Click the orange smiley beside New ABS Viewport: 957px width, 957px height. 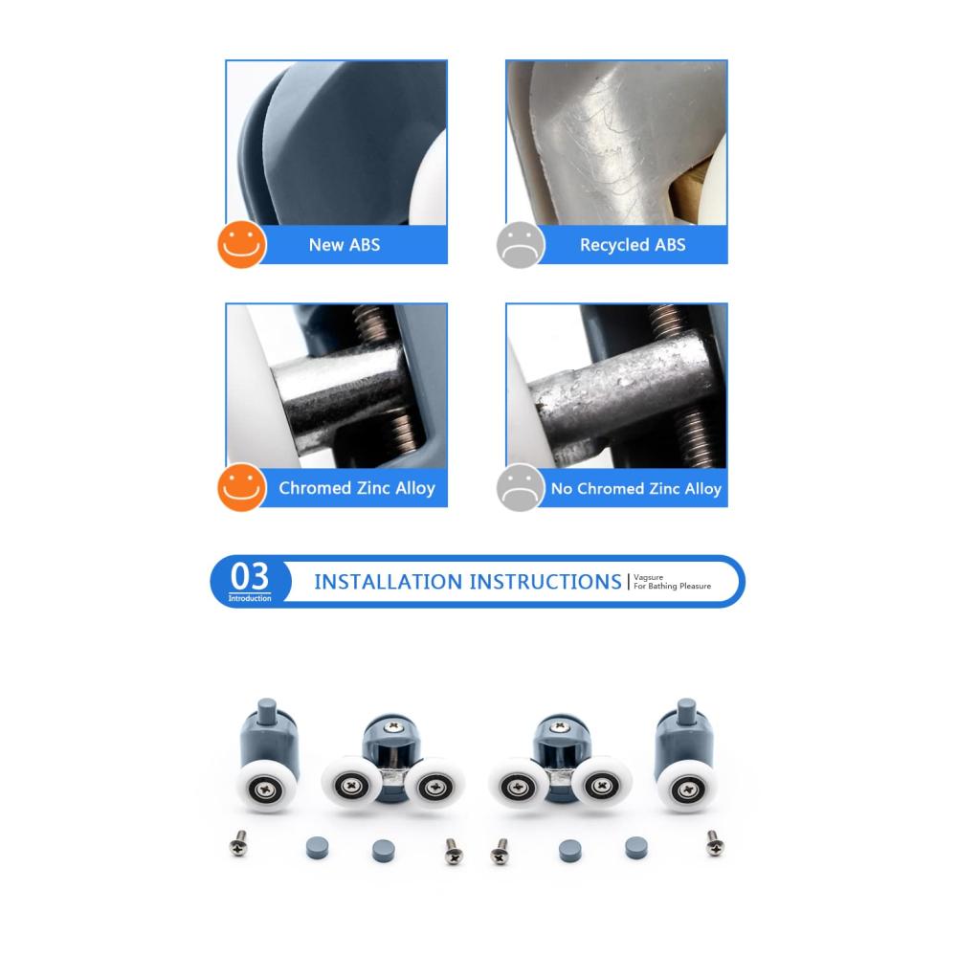click(242, 244)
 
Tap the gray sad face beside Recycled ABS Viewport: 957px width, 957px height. click(521, 245)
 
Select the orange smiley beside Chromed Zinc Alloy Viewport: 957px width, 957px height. click(242, 487)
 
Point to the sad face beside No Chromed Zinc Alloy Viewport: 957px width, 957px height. click(521, 487)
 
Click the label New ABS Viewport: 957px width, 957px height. click(345, 245)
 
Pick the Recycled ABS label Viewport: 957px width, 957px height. click(633, 245)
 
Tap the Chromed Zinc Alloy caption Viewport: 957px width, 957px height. click(357, 488)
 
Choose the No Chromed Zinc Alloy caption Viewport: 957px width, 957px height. click(636, 488)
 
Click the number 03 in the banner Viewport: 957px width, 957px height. click(250, 575)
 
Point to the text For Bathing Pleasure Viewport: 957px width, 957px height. click(672, 586)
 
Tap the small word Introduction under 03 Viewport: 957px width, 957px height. click(250, 598)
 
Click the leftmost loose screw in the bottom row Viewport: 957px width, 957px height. click(238, 843)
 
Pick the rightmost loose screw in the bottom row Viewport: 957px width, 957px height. click(715, 843)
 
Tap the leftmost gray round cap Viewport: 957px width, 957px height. click(318, 848)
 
